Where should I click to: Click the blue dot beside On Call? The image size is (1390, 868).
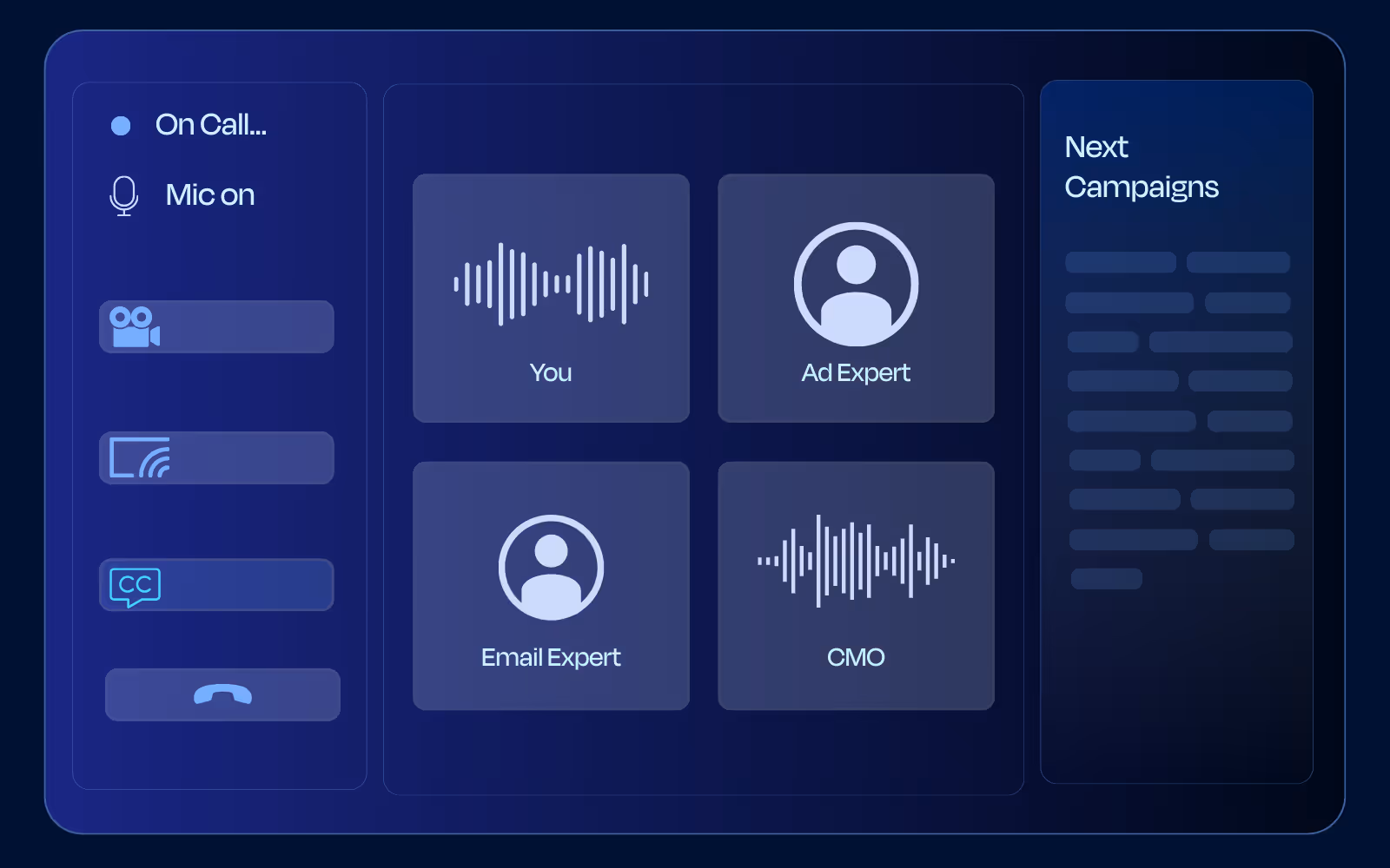[121, 126]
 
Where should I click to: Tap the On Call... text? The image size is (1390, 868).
[211, 125]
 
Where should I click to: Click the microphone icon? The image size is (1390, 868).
[123, 196]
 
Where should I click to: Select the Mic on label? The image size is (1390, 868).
[210, 194]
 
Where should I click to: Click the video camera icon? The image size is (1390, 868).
[135, 326]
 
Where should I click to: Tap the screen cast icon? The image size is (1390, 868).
[140, 457]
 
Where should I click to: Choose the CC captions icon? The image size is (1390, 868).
[136, 587]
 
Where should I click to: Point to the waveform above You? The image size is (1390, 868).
[551, 284]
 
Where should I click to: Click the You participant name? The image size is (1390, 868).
[551, 372]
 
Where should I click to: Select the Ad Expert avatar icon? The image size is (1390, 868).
[857, 284]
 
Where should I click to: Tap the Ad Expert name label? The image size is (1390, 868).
[856, 372]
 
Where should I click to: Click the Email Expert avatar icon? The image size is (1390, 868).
[551, 568]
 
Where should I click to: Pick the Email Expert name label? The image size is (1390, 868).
[551, 657]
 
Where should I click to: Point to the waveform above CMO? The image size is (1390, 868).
[857, 561]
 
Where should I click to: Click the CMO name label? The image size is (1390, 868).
[856, 657]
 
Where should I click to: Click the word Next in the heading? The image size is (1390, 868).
[1096, 147]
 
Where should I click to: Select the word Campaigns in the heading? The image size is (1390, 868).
[1142, 187]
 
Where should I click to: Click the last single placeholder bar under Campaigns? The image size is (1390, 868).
[1107, 578]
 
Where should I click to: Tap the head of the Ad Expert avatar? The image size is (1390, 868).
[857, 265]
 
